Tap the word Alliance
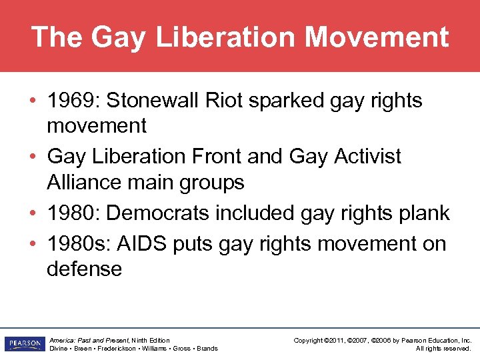pos(85,181)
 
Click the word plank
pos(425,213)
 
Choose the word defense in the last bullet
pos(85,269)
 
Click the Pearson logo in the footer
pos(23,344)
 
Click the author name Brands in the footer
pos(207,349)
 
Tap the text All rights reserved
pos(443,349)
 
